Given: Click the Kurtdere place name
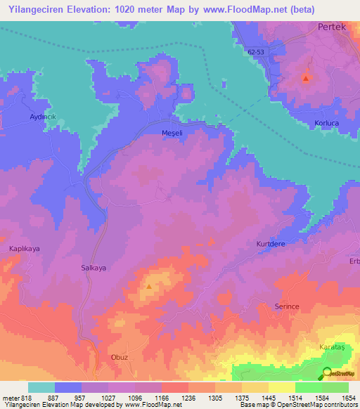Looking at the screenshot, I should [269, 244].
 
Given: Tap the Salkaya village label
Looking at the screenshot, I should [93, 268].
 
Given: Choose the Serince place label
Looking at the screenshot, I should [287, 308].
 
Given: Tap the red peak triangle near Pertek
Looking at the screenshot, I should [305, 78].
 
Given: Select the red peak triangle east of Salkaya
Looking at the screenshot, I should [149, 286].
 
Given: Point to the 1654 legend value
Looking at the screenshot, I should [347, 397].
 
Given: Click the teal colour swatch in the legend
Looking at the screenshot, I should [41, 387].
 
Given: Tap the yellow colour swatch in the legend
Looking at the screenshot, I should [281, 387].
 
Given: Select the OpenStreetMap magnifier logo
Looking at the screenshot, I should [327, 372].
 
